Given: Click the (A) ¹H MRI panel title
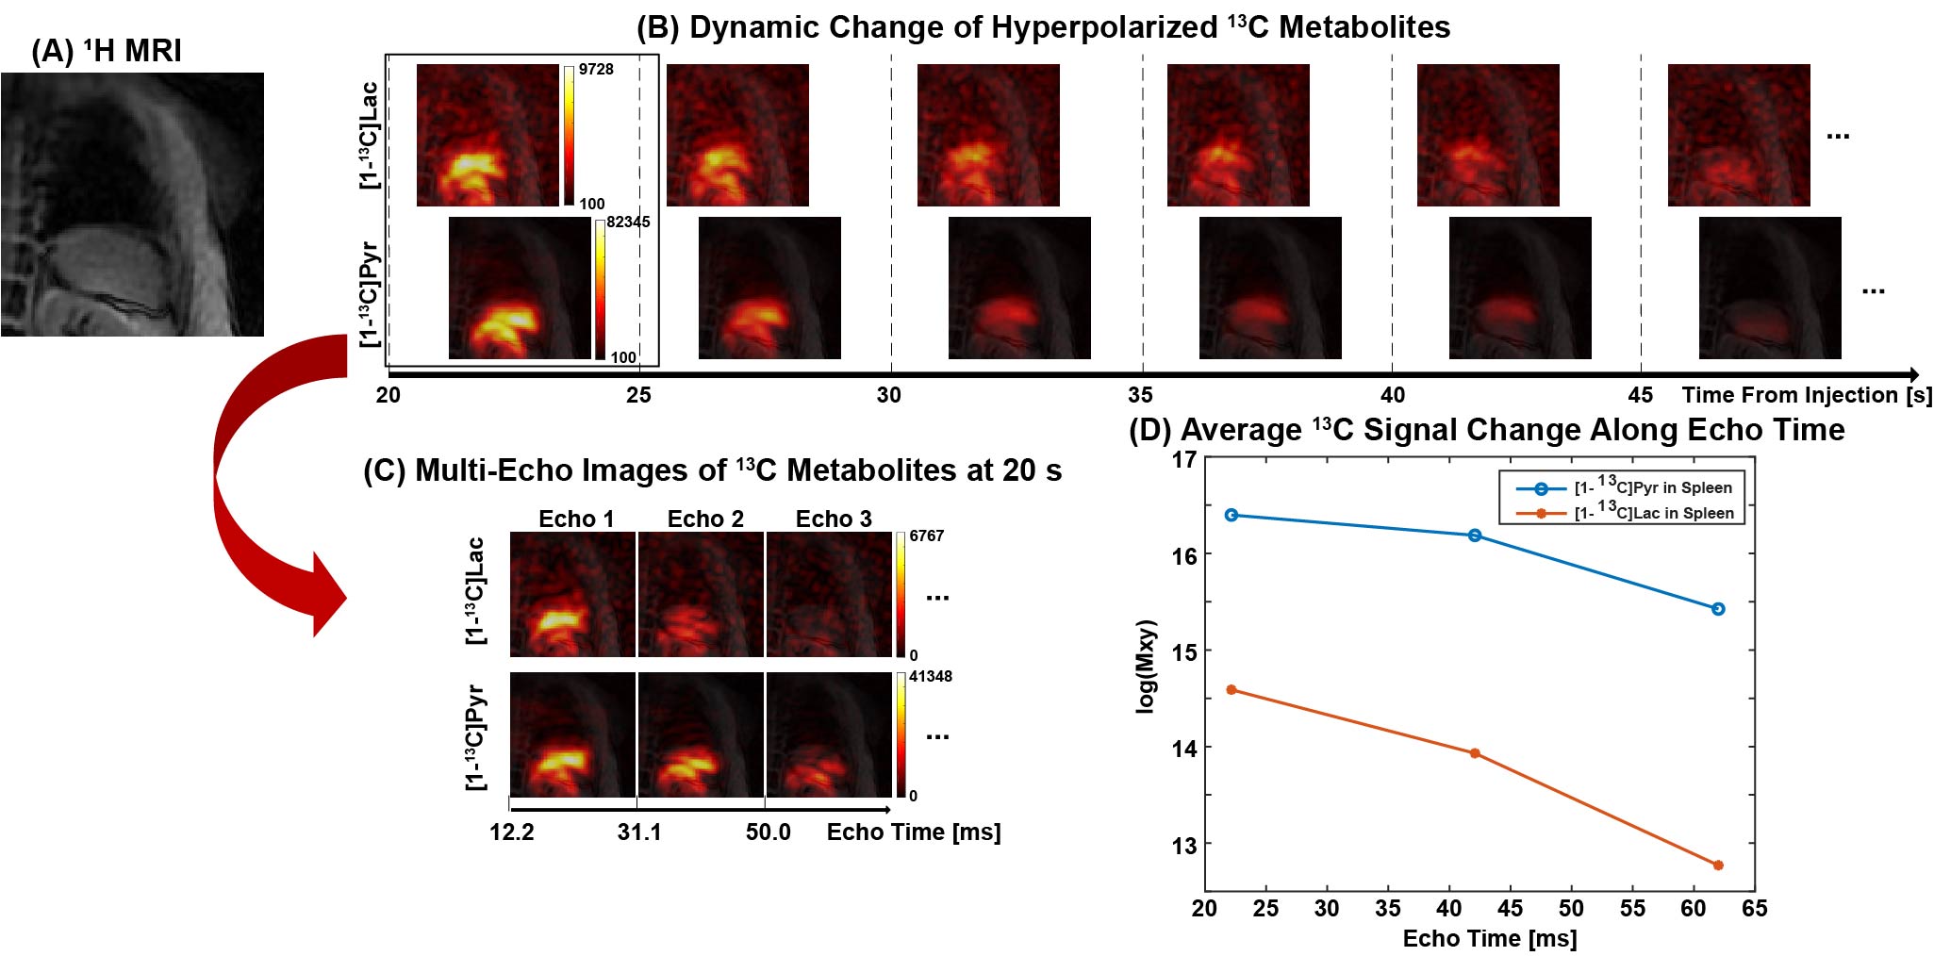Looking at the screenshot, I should pyautogui.click(x=107, y=51).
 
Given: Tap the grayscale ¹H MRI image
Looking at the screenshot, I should pyautogui.click(x=132, y=205).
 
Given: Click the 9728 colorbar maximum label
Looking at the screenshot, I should pyautogui.click(x=596, y=70).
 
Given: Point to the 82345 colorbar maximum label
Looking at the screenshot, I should pyautogui.click(x=628, y=223).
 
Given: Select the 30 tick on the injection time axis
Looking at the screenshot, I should pyautogui.click(x=889, y=395).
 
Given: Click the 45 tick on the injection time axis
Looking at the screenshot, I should pyautogui.click(x=1640, y=395).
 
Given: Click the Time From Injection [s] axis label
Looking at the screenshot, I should pyautogui.click(x=1806, y=395).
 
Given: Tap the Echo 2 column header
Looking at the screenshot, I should pyautogui.click(x=705, y=519).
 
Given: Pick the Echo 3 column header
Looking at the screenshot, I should pyautogui.click(x=834, y=519).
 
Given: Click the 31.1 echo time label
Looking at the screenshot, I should pyautogui.click(x=639, y=832).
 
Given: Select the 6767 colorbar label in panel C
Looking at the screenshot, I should pyautogui.click(x=926, y=536).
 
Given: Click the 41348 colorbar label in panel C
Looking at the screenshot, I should pyautogui.click(x=930, y=677).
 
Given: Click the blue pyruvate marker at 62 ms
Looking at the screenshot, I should pyautogui.click(x=1718, y=609).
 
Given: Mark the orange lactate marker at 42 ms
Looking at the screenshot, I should pyautogui.click(x=1475, y=753).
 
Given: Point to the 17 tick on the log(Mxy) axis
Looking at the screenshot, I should pyautogui.click(x=1183, y=460).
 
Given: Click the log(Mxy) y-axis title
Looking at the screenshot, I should pyautogui.click(x=1146, y=667).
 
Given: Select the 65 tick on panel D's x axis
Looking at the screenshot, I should pyautogui.click(x=1754, y=909).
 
